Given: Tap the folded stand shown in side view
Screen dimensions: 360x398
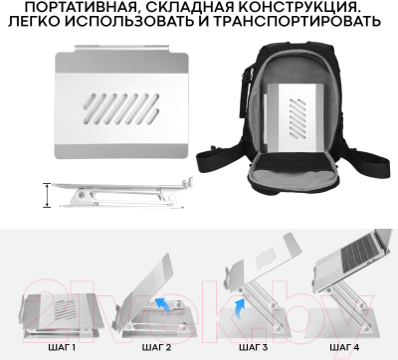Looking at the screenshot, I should [x=119, y=195].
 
